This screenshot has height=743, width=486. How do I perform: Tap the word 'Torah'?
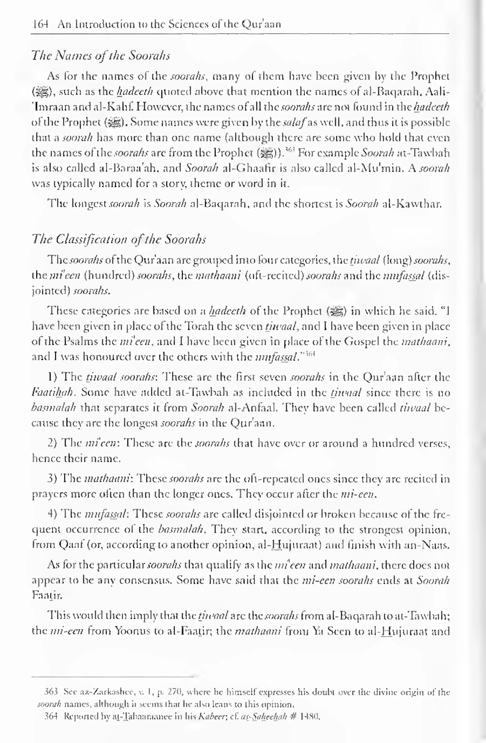click(x=210, y=326)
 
